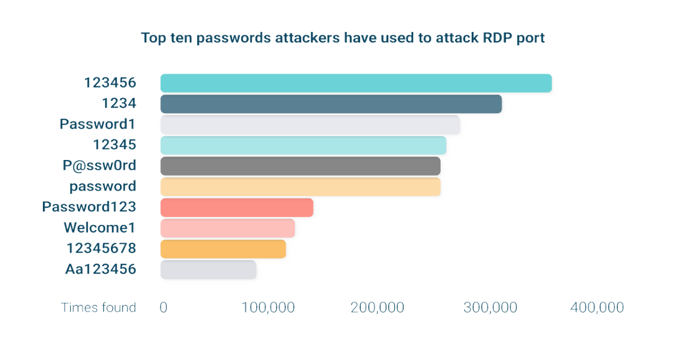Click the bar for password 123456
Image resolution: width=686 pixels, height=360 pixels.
tap(356, 83)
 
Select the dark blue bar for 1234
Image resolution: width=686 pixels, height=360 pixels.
tap(330, 104)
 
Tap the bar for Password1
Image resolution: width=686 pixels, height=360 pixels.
tap(309, 125)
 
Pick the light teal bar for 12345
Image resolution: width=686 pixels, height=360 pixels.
tap(303, 145)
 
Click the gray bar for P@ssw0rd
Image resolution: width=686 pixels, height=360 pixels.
tap(300, 166)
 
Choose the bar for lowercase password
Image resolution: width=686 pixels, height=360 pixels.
tap(300, 186)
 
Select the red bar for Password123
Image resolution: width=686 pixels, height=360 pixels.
tap(237, 207)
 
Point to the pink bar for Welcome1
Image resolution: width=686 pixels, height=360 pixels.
tap(228, 228)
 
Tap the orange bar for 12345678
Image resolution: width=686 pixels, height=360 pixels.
tap(223, 249)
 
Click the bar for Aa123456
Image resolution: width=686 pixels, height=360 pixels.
tap(209, 269)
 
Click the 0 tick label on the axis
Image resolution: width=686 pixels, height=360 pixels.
tap(163, 307)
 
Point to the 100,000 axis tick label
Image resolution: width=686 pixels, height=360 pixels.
tap(269, 307)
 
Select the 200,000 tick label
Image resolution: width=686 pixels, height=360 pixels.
tap(377, 307)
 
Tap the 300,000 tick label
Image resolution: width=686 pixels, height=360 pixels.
tap(491, 307)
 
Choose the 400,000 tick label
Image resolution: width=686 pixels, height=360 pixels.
tap(597, 307)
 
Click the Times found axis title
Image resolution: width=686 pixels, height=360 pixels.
tap(99, 307)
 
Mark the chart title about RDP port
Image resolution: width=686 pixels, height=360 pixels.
tap(344, 38)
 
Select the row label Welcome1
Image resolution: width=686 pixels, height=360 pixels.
tap(99, 228)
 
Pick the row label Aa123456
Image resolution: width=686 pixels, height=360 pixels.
tap(101, 269)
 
